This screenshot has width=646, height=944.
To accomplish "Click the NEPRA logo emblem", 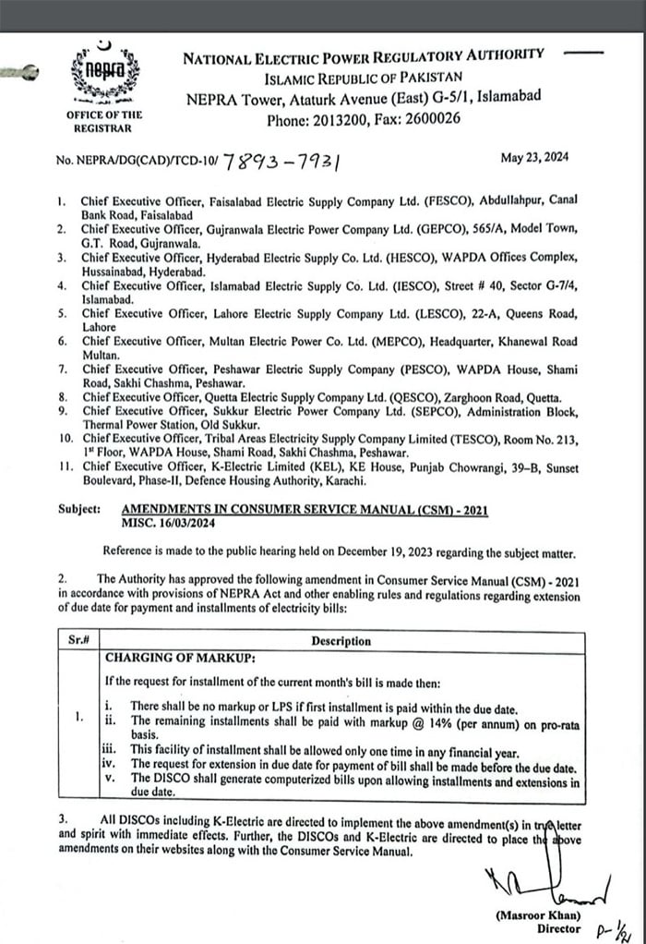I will point(102,74).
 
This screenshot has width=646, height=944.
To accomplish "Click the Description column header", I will point(341,640).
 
